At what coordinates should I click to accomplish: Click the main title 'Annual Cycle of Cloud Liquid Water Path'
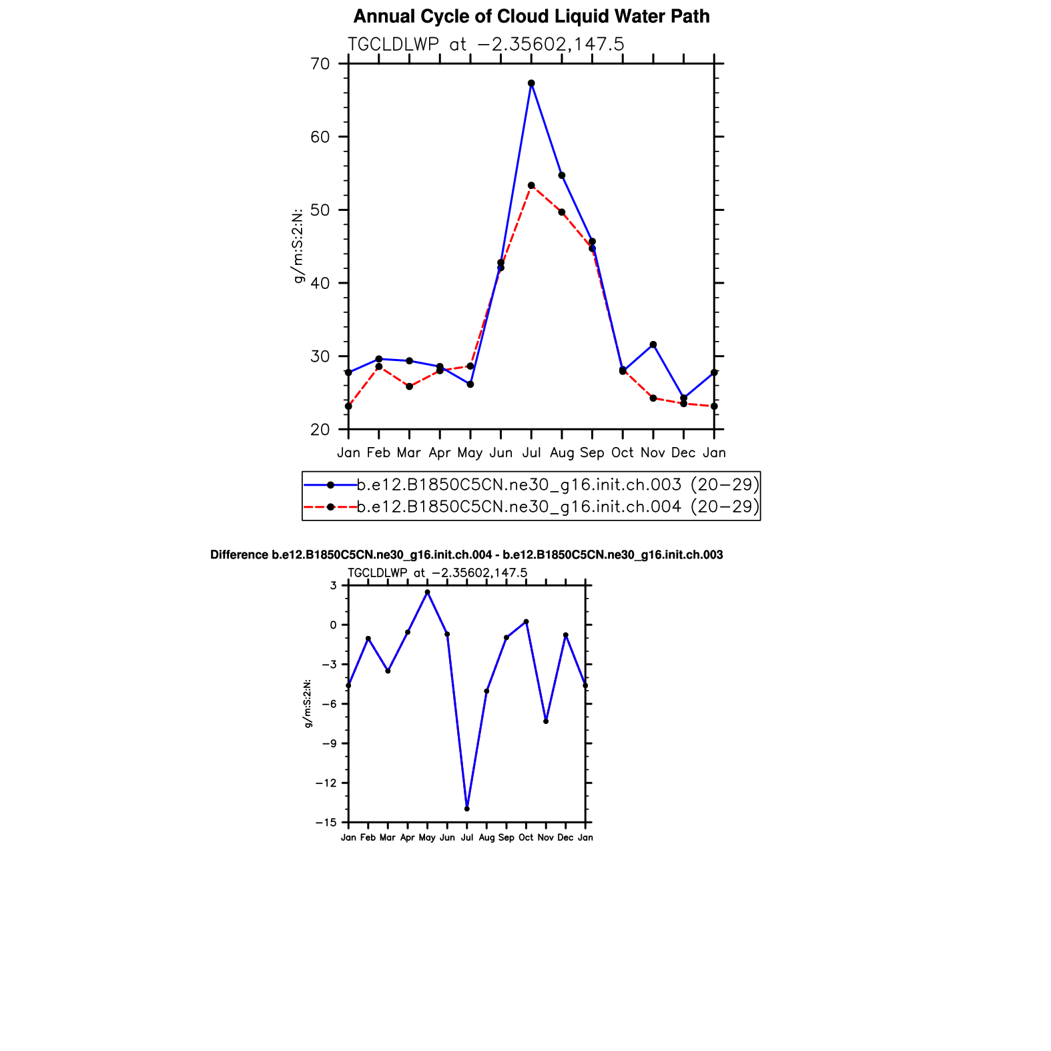click(531, 17)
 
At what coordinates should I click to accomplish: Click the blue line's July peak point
click(531, 83)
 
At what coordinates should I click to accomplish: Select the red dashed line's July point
click(531, 186)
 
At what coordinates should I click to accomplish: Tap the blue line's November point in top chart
click(653, 345)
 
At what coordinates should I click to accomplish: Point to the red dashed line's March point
click(409, 386)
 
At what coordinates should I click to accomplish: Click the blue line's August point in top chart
click(562, 176)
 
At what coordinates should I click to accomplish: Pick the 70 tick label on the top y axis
click(320, 64)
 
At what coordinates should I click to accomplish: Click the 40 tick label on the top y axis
click(320, 283)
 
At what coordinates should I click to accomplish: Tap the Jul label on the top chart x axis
click(531, 453)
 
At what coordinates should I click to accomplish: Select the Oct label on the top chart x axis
click(623, 453)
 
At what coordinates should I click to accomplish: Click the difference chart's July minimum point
click(467, 809)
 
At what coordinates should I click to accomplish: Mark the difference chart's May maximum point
click(428, 592)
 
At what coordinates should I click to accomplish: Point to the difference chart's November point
click(546, 721)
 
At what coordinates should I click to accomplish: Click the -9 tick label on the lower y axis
click(329, 744)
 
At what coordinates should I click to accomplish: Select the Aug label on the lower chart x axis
click(486, 837)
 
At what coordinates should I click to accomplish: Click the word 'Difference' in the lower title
click(239, 555)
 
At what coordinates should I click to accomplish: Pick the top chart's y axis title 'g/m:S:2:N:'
click(298, 246)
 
